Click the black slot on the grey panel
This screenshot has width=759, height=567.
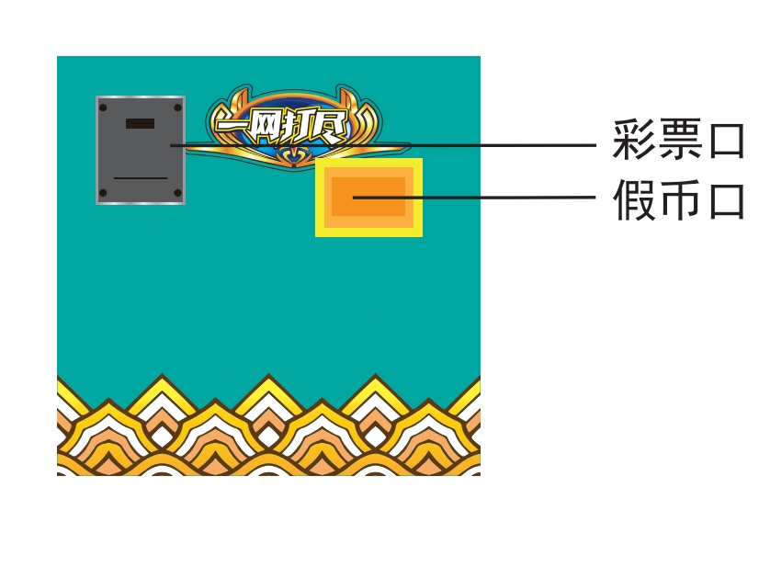click(140, 123)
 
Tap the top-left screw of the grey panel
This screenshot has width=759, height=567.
click(103, 108)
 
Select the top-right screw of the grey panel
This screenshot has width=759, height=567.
click(177, 108)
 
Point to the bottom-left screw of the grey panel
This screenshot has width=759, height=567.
click(103, 193)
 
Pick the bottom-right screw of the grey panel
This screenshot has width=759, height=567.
click(177, 193)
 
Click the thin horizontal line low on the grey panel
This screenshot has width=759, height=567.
click(141, 178)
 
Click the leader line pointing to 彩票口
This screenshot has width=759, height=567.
click(383, 145)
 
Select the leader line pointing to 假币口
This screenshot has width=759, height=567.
click(474, 197)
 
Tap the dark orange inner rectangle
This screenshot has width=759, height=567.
click(368, 197)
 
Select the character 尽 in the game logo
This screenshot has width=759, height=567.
click(331, 127)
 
